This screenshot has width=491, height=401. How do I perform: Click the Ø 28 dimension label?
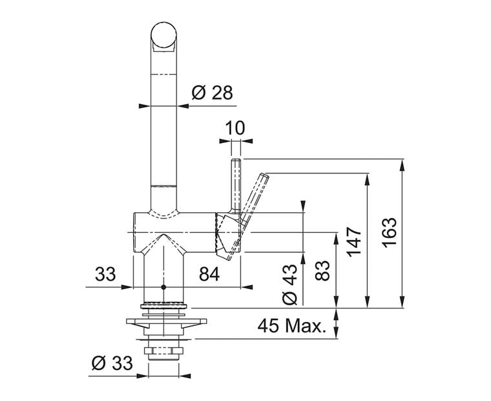(x=213, y=92)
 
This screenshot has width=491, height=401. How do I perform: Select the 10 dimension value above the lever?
(x=235, y=128)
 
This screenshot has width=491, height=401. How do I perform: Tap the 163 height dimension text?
(x=390, y=232)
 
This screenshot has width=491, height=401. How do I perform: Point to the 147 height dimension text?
(x=355, y=241)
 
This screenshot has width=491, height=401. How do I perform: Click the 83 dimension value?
(x=322, y=270)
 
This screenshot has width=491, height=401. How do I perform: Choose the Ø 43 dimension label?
(x=289, y=285)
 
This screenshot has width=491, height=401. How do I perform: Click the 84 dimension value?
(x=209, y=274)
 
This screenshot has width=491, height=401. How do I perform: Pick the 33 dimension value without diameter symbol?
(x=105, y=274)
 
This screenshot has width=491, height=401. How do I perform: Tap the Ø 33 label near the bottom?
(x=112, y=363)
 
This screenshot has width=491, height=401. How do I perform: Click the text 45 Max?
(x=292, y=326)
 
